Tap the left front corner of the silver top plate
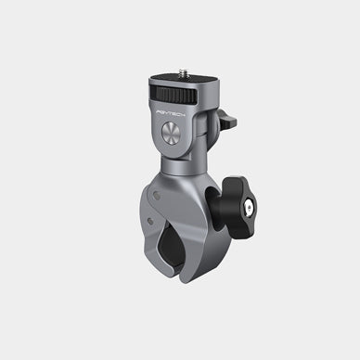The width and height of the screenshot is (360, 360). (x=149, y=84)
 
